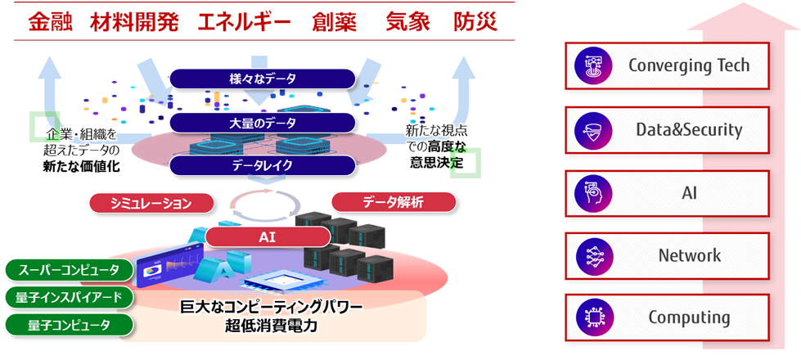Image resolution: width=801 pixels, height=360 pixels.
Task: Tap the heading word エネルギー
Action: pos(245,22)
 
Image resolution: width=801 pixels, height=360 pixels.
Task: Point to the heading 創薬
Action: pos(334,22)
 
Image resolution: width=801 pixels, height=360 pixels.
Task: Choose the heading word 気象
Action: pos(407,22)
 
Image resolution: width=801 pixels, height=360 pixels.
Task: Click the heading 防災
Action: pos(475,22)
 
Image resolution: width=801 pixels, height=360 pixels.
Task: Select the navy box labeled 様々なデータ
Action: pos(263,79)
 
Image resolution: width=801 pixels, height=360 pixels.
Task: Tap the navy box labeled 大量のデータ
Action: pos(263,123)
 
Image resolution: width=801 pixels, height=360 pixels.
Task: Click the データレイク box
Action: pos(263,165)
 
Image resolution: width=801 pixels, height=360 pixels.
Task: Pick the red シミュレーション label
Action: pos(151,203)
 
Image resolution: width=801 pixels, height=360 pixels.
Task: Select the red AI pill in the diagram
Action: pos(268,237)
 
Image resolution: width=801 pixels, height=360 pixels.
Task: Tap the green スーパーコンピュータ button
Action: pos(68,269)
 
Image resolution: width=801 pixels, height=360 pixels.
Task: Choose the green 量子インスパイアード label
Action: pos(68,297)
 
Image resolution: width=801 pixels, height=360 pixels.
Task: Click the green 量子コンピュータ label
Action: pos(68,325)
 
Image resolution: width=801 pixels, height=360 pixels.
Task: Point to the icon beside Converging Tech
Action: pos(589,65)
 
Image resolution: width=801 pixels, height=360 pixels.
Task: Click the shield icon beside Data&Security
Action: pos(589,129)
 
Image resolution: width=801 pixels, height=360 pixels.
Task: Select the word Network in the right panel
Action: pos(690,255)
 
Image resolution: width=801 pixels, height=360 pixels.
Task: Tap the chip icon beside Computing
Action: pos(589,318)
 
